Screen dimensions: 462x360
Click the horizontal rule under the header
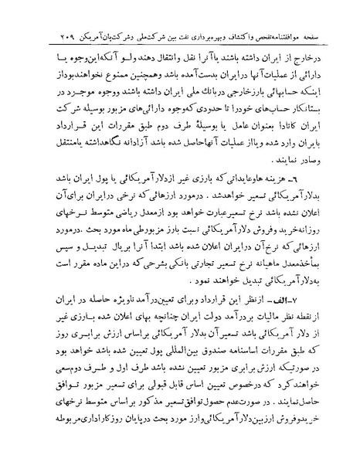180,46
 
